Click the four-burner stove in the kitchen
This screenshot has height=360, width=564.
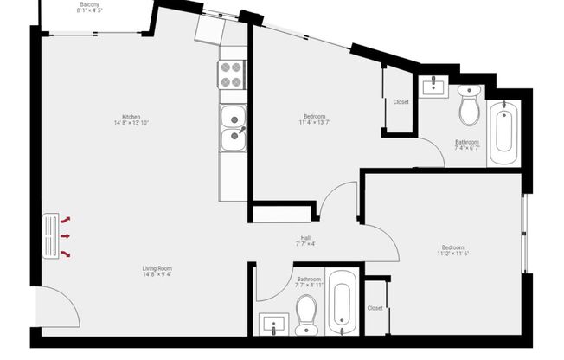pos(231,75)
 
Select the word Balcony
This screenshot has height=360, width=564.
pos(90,5)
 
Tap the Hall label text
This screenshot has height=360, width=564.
pos(305,238)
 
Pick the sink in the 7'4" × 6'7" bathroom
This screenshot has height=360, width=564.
pos(432,87)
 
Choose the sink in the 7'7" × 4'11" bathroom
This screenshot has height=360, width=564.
pos(274,325)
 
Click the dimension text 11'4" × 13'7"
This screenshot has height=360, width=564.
pos(316,122)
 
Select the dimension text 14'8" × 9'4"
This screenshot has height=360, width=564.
pos(157,275)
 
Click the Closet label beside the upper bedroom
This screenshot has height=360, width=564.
pos(401,102)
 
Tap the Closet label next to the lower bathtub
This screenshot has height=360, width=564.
pos(375,308)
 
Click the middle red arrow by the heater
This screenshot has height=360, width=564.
pos(67,235)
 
